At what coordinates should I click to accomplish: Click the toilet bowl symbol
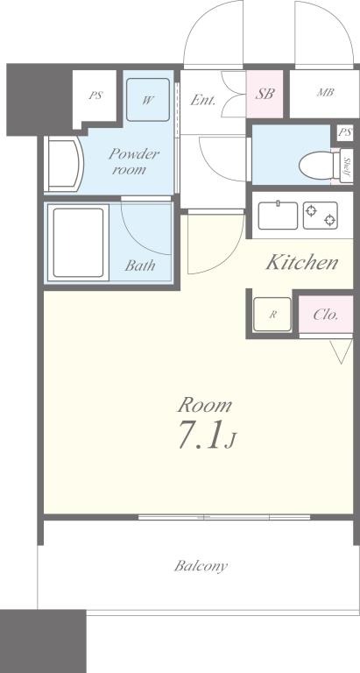[319, 166]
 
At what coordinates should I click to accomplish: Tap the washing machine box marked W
[148, 100]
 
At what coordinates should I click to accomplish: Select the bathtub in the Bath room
[78, 243]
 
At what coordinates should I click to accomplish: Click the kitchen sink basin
[278, 216]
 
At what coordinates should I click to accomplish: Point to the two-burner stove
[320, 216]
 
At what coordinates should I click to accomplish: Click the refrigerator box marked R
[272, 315]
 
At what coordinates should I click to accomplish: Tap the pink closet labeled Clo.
[326, 315]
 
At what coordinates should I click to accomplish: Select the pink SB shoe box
[265, 94]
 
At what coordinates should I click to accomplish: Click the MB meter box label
[326, 92]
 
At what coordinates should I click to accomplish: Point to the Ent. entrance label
[203, 100]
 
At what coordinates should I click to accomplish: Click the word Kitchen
[302, 262]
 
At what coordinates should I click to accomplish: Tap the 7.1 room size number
[200, 435]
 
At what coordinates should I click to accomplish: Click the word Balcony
[201, 566]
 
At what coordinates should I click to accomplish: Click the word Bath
[140, 266]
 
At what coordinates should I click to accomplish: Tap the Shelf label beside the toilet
[347, 166]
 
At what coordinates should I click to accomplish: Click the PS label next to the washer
[95, 96]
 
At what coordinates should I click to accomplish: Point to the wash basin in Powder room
[64, 164]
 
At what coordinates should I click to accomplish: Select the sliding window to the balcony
[224, 517]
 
